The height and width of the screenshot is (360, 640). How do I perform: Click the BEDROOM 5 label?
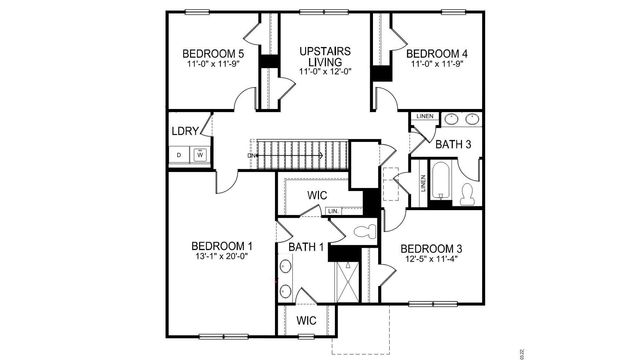(x=213, y=53)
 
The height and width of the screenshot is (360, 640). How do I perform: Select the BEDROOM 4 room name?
(x=438, y=53)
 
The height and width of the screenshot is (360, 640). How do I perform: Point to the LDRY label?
(x=187, y=130)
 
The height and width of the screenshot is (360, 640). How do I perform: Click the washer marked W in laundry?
(x=201, y=155)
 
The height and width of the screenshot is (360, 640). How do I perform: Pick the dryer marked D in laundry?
(x=178, y=155)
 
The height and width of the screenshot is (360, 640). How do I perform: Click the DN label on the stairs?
(x=254, y=156)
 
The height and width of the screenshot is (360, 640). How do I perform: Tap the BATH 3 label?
(x=454, y=144)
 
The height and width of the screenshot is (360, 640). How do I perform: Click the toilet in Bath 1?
(x=363, y=231)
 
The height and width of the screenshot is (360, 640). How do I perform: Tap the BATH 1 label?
(x=306, y=247)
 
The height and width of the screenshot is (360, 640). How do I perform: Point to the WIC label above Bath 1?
(x=318, y=194)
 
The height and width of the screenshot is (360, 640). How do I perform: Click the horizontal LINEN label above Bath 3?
(x=424, y=117)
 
